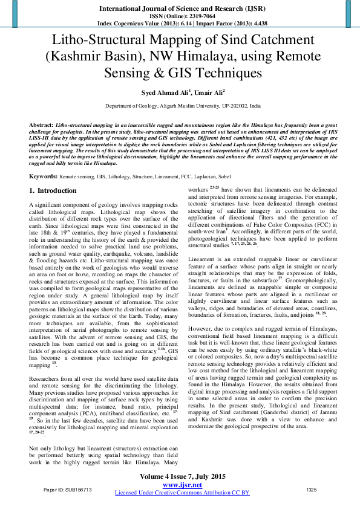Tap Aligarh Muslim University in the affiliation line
189,105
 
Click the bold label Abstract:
41,124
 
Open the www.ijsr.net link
182,485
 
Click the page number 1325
312,489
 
